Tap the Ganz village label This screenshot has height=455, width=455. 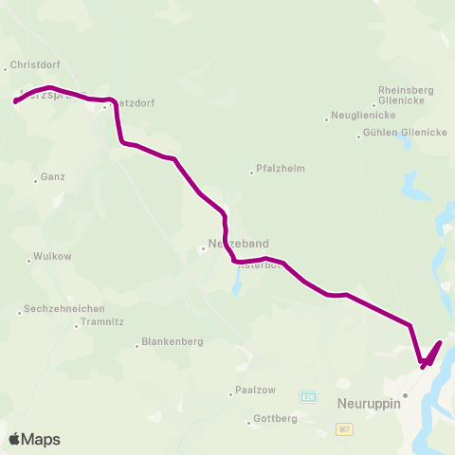[52, 177]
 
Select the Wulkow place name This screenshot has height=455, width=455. [52, 256]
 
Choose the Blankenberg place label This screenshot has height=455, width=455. [172, 342]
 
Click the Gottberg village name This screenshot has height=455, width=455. [276, 418]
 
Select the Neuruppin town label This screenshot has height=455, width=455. [370, 403]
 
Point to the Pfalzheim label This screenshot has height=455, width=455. [282, 171]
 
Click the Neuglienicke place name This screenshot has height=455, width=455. [359, 116]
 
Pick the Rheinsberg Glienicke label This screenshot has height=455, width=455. [406, 96]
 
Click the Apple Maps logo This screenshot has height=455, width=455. [33, 439]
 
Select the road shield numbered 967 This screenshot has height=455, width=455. [346, 429]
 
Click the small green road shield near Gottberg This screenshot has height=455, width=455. [307, 395]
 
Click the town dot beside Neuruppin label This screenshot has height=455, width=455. [405, 394]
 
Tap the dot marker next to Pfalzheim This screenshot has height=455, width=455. [251, 173]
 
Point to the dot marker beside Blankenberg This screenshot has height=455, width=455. [137, 345]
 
